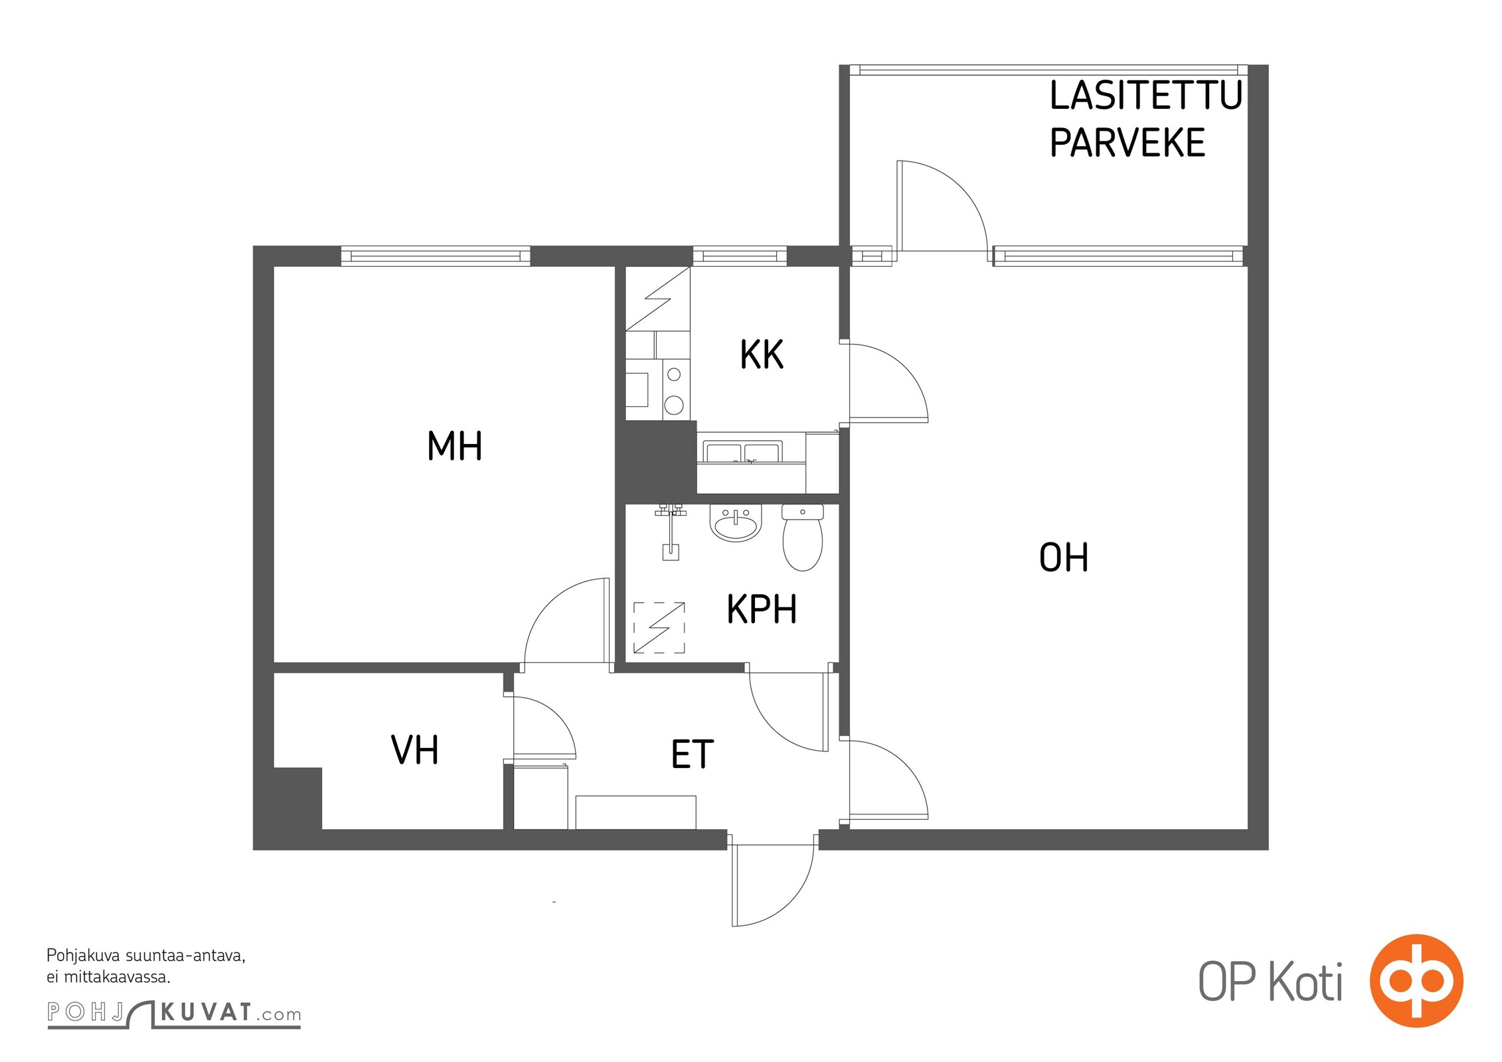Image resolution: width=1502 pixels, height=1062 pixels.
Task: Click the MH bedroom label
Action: click(x=454, y=445)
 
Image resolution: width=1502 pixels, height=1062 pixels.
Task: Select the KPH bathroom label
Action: click(x=762, y=609)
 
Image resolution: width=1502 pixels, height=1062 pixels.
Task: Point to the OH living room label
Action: click(x=1063, y=558)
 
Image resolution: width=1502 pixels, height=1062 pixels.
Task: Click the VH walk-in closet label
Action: click(x=414, y=750)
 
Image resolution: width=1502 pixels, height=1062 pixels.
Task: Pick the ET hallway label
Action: click(x=692, y=754)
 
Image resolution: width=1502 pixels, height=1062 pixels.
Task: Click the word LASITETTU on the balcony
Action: click(x=1146, y=96)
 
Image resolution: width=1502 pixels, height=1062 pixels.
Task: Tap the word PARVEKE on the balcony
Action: click(x=1127, y=142)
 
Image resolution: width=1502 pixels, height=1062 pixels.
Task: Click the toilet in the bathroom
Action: click(x=803, y=537)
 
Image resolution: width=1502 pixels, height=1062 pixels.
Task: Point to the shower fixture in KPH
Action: click(x=670, y=531)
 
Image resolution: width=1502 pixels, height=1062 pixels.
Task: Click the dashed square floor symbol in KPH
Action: click(x=659, y=627)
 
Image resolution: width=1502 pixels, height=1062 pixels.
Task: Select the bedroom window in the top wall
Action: click(x=436, y=256)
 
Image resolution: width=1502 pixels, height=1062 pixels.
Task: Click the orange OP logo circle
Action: click(x=1416, y=980)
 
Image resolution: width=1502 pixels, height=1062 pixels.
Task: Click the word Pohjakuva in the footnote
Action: click(x=84, y=956)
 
